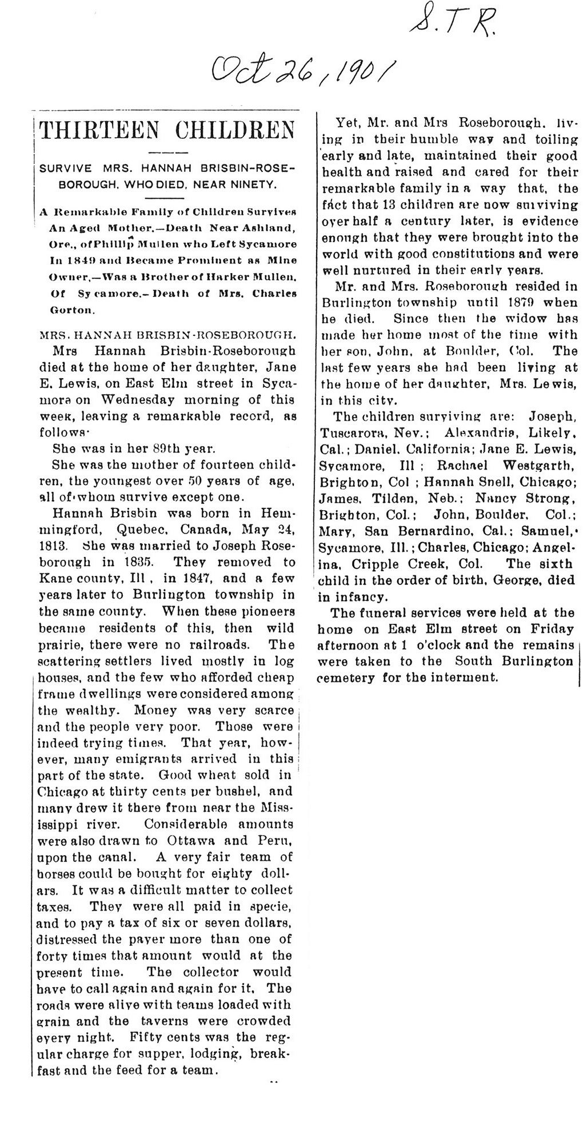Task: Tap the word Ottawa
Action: [193, 840]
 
